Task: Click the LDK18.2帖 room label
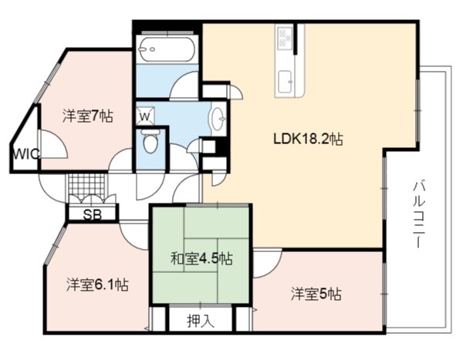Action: (308, 139)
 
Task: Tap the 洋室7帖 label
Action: (88, 116)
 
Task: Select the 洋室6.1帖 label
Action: (97, 284)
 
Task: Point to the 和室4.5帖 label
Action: (202, 259)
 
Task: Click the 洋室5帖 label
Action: (316, 294)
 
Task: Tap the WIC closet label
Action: (26, 153)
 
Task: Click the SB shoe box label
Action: (92, 215)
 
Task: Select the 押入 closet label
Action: (201, 321)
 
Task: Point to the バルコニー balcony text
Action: (419, 214)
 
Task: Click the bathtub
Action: (167, 49)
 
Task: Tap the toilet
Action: (150, 141)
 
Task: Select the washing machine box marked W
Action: (145, 115)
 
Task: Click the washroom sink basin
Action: (218, 119)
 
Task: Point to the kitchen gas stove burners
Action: (284, 37)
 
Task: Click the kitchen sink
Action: (286, 82)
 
